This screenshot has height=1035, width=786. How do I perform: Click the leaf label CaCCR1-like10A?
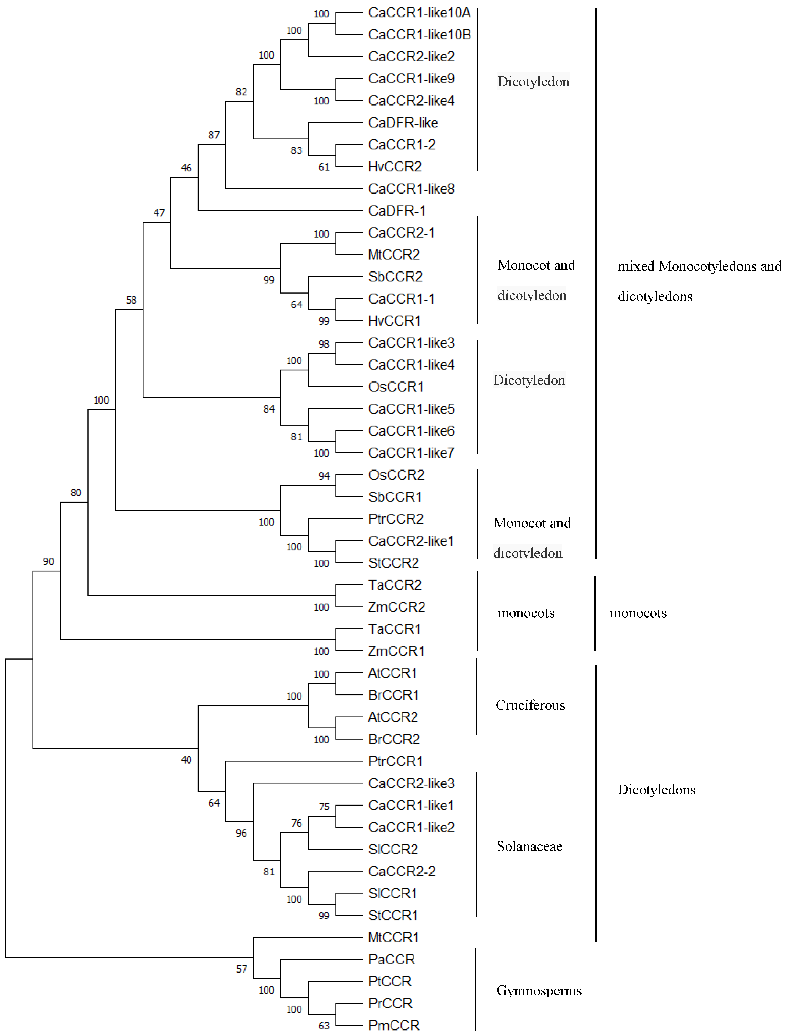(419, 13)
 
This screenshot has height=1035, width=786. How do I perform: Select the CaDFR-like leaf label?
(403, 123)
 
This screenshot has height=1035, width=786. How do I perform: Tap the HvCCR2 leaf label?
(395, 166)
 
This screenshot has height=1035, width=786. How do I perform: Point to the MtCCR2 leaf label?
(394, 254)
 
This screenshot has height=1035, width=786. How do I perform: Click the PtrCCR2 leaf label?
(395, 519)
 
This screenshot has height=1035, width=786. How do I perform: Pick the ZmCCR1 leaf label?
(396, 651)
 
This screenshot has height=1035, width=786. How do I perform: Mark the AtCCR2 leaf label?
(393, 717)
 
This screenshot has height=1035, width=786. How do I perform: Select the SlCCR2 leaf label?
(393, 849)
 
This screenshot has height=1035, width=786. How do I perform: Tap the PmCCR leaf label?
(394, 1025)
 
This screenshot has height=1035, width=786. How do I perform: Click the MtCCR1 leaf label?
(393, 937)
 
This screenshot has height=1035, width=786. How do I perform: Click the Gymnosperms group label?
(539, 991)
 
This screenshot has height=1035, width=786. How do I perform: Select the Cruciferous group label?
(530, 705)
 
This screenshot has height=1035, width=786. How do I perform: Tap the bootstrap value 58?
(131, 300)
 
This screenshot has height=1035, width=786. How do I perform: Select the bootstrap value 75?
(324, 807)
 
